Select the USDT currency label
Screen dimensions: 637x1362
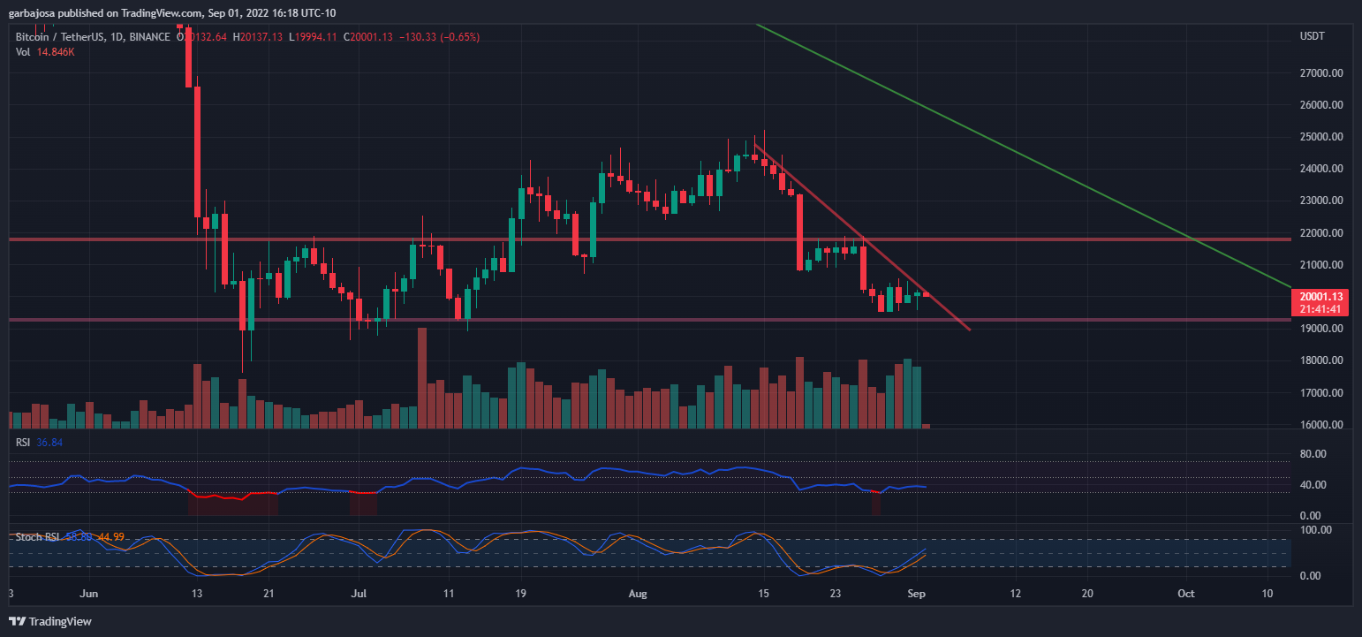click(x=1313, y=36)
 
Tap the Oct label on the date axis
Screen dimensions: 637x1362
click(x=1187, y=594)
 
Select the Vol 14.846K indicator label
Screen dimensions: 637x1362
click(x=44, y=52)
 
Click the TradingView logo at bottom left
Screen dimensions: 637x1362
click(x=50, y=621)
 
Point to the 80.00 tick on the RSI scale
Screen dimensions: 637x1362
click(x=1313, y=454)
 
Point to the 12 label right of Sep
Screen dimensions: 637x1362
click(x=1016, y=594)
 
